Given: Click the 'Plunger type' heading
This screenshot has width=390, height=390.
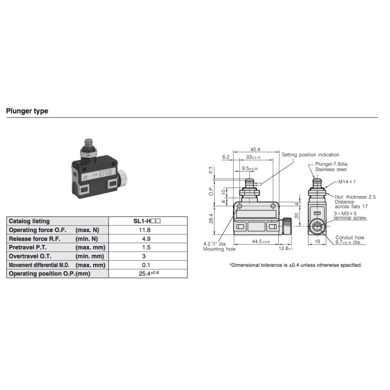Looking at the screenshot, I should (x=27, y=111).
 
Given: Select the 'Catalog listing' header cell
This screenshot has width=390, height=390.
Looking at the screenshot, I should (x=29, y=221).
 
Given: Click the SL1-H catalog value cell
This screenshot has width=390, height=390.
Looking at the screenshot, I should (x=147, y=221).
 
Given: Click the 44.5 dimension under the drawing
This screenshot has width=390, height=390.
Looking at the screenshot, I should (x=258, y=241).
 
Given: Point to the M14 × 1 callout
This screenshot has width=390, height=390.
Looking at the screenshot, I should (x=347, y=182).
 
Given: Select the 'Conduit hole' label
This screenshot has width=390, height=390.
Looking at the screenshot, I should (x=350, y=237).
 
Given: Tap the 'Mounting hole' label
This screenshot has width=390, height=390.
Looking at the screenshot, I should (x=219, y=249).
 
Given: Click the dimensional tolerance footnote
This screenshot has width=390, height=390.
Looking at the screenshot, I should (x=295, y=265).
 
